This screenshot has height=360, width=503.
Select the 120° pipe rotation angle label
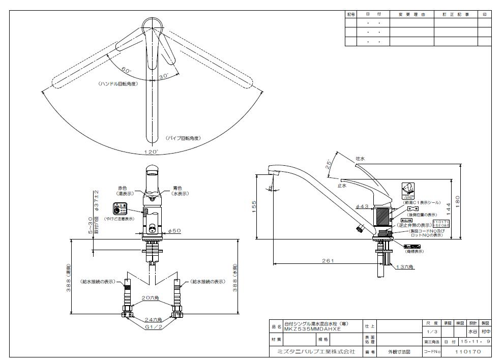click(151, 152)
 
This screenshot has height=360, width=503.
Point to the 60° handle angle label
click(126, 70)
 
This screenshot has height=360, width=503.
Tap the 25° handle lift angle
click(329, 164)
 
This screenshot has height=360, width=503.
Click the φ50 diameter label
click(174, 231)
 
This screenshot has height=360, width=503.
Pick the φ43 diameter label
click(362, 206)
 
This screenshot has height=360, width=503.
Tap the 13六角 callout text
click(406, 266)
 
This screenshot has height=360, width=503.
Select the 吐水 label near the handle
click(360, 159)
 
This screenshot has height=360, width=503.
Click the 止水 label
click(341, 186)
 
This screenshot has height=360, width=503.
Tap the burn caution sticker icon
click(119, 208)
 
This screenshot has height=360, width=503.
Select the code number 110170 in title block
click(467, 351)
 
